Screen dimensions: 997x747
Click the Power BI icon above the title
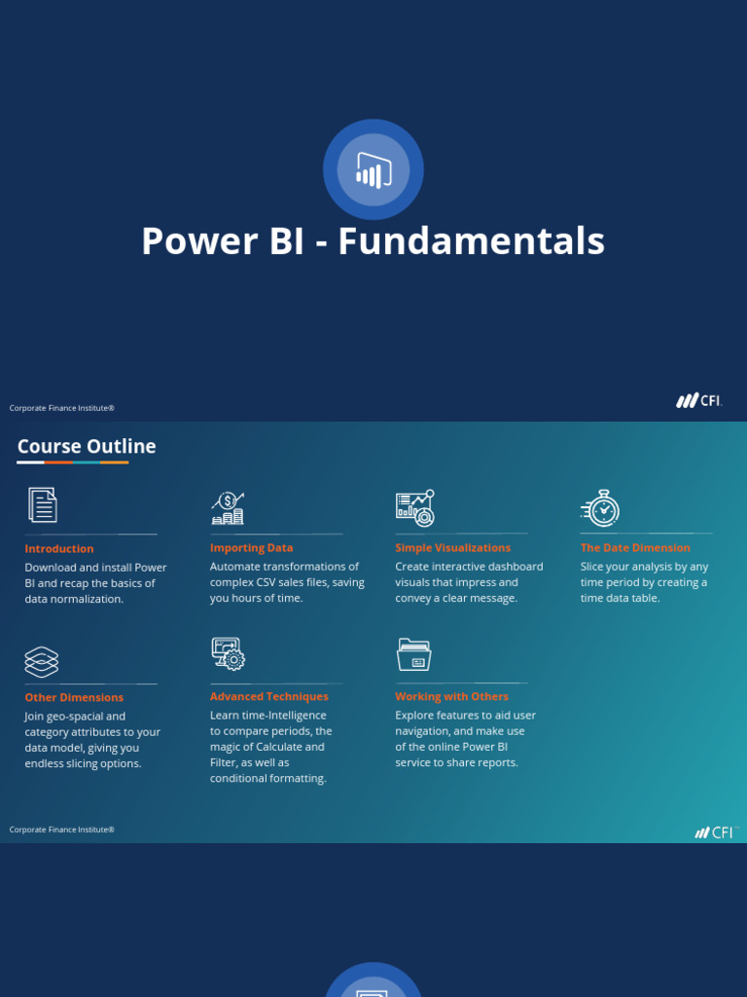[x=373, y=169]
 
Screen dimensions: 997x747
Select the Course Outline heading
[x=87, y=447]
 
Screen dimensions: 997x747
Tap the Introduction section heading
[x=59, y=549]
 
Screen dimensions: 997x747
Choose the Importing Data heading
[x=251, y=548]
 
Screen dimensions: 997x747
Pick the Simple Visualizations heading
[x=452, y=548]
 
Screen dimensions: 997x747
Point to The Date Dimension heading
[x=635, y=548]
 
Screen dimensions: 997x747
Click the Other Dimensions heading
[x=74, y=697]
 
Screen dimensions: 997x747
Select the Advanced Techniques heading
[x=268, y=696]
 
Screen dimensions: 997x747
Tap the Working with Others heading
[x=451, y=696]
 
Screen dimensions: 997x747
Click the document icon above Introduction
[x=42, y=505]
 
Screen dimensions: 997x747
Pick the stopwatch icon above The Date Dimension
[x=601, y=507]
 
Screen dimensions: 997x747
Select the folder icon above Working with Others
[x=414, y=654]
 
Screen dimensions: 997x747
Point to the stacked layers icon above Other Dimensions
[x=42, y=661]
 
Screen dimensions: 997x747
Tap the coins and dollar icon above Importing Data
[x=228, y=508]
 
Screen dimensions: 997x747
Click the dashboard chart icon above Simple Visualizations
[x=415, y=507]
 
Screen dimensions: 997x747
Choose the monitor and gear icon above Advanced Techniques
[x=228, y=653]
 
